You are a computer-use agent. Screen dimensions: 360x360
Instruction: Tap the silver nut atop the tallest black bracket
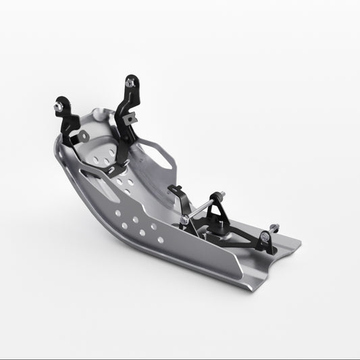[x=130, y=83]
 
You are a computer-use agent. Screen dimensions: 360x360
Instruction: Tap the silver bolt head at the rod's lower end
[x=184, y=220]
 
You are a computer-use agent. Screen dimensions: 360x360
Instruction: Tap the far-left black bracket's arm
[x=67, y=122]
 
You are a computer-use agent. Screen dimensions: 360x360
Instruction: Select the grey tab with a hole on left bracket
[x=82, y=137]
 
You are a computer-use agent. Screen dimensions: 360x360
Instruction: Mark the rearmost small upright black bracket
[x=269, y=240]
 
